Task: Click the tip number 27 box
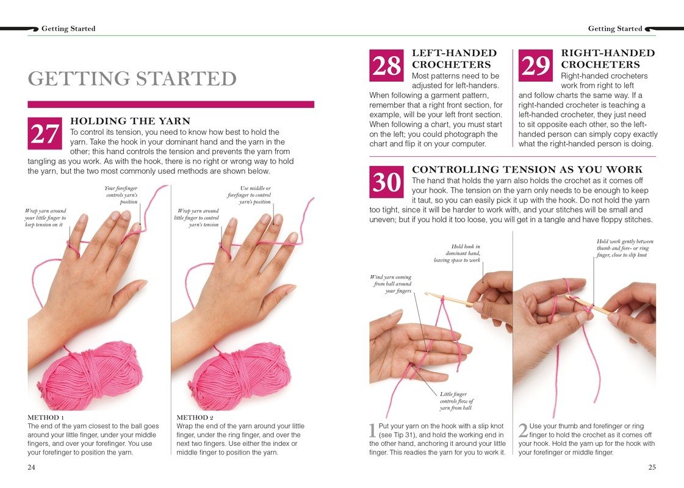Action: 45,134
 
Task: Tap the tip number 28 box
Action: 386,65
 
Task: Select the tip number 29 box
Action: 535,65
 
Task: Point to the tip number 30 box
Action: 386,182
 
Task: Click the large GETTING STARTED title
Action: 132,79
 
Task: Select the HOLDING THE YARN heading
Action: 131,121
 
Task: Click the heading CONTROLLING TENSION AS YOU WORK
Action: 527,170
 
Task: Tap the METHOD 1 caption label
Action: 43,417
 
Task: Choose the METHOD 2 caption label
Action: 192,417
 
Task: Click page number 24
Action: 32,467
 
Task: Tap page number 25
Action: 652,467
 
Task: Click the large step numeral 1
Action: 373,431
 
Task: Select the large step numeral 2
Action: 523,431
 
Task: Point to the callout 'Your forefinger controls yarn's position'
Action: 121,195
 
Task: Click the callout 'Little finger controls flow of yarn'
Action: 456,401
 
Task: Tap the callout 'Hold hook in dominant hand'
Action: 457,253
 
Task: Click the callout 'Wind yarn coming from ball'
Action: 391,284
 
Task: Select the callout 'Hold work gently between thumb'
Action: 625,248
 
